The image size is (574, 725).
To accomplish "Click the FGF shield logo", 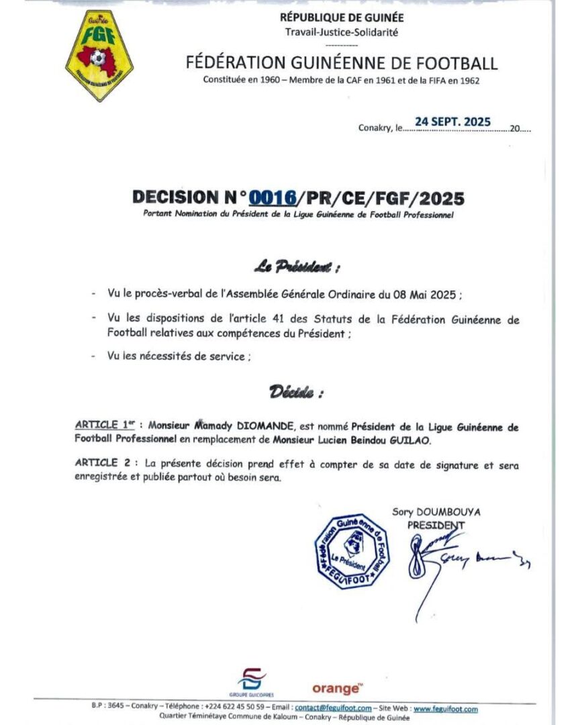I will tap(99, 56).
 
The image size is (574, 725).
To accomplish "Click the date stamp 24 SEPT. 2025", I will tap(452, 122).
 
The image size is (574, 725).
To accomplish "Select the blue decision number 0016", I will tap(273, 197).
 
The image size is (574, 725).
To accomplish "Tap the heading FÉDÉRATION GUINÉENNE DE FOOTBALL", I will tap(342, 63).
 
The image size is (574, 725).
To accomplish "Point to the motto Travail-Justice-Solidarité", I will tap(342, 32).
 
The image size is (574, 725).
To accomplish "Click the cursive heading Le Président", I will tap(296, 268).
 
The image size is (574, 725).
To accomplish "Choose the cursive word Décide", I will tap(296, 392).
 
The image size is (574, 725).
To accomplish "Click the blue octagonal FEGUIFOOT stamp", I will tap(352, 551).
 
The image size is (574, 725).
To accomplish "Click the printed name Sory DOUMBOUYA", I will tap(436, 512).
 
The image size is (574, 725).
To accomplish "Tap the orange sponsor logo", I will tap(337, 688).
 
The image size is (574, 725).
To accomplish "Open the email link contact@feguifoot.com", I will tap(333, 708).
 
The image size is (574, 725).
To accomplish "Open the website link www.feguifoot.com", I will tap(445, 708).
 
